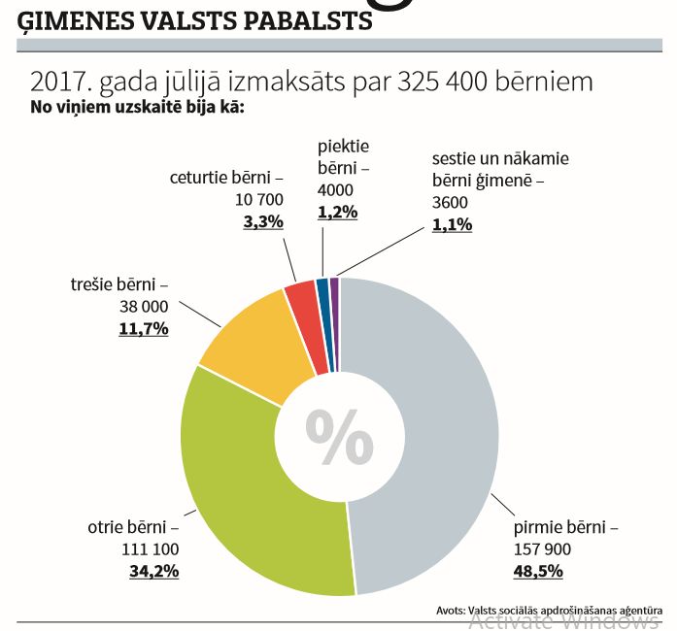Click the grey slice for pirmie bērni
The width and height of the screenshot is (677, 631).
tap(437, 437)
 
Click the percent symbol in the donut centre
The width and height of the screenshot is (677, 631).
tap(339, 437)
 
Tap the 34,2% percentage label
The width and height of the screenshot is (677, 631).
tap(154, 571)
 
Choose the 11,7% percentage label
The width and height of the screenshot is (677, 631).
tap(144, 328)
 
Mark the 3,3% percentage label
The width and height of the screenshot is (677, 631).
tap(262, 221)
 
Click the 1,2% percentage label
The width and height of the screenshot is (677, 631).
tap(338, 212)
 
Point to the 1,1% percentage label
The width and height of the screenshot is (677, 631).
tap(452, 224)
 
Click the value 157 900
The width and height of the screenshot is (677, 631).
tap(541, 549)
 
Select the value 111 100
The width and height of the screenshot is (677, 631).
tap(152, 549)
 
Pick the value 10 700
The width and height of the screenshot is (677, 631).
tap(259, 200)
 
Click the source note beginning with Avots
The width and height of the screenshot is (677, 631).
tap(557, 610)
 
